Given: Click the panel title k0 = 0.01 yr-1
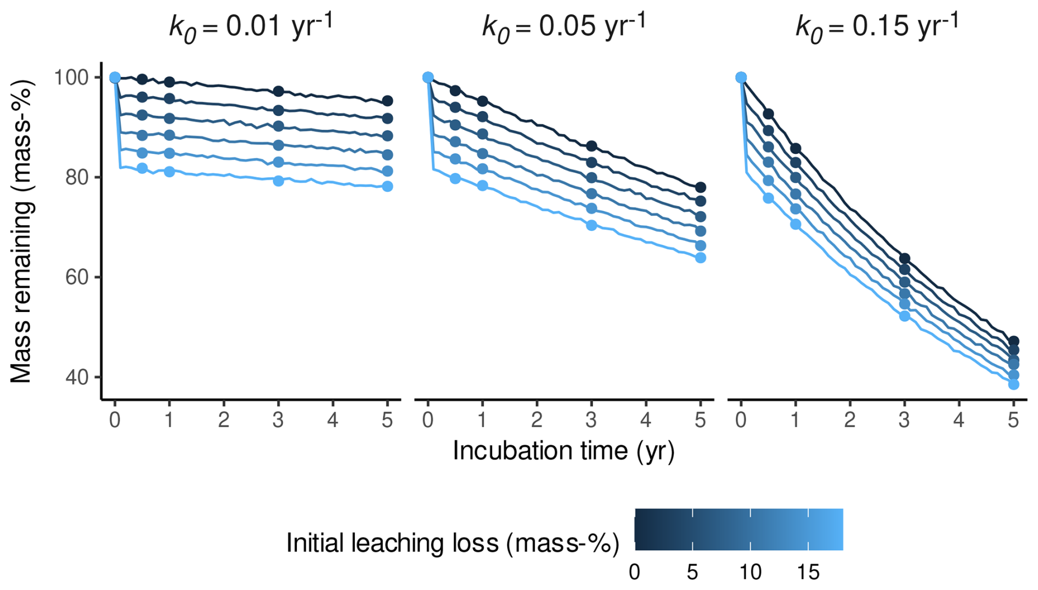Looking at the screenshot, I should pos(251,26).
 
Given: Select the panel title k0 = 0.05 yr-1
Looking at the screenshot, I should pos(564,26).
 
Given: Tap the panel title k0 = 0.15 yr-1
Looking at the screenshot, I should pos(877,26).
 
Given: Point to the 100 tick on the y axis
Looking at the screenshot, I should pos(71,78).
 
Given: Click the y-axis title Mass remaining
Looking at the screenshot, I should pos(22,230).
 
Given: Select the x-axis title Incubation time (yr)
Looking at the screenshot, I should pos(563,451).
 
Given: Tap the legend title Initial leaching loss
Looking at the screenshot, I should pos(453,543).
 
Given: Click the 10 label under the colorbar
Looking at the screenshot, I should pos(750,572).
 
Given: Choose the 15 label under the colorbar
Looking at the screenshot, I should pos(808,572).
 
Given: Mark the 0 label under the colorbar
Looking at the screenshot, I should pos(635,572).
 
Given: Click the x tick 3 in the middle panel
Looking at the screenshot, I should pos(591,420).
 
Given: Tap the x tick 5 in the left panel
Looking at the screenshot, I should pos(387,420).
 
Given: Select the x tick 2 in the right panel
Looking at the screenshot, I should pos(850,420).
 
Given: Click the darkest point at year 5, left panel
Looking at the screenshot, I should pos(387,101).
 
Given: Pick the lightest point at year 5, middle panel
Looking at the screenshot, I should pos(701,258).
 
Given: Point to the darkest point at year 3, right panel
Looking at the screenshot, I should pos(905,258).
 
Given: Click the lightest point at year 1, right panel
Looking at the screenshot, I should pos(796,224).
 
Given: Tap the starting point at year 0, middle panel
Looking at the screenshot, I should pos(428,77).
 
